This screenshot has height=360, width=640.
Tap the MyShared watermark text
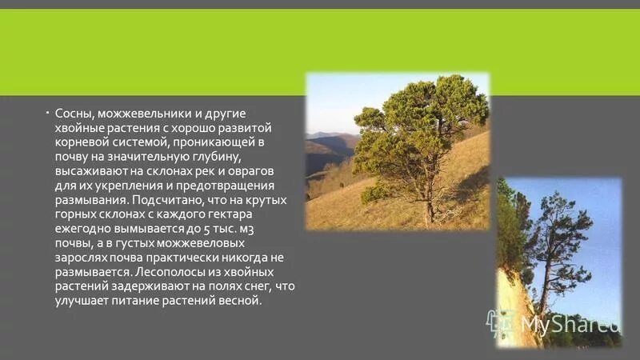tap(570, 324)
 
